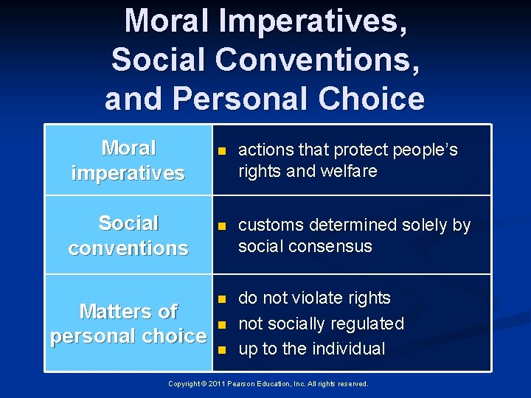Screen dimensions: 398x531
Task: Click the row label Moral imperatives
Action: [x=128, y=161]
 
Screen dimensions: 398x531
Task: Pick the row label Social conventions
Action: [x=128, y=235]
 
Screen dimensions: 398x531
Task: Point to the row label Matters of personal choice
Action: [x=128, y=324]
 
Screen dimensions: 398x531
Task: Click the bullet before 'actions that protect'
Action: [x=221, y=152]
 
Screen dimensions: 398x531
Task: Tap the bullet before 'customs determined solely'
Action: [x=221, y=226]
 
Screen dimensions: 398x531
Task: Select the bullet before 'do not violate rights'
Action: [x=221, y=299]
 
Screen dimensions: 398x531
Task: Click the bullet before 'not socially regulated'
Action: [x=221, y=324]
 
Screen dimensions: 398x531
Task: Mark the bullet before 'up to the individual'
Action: [x=221, y=349]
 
